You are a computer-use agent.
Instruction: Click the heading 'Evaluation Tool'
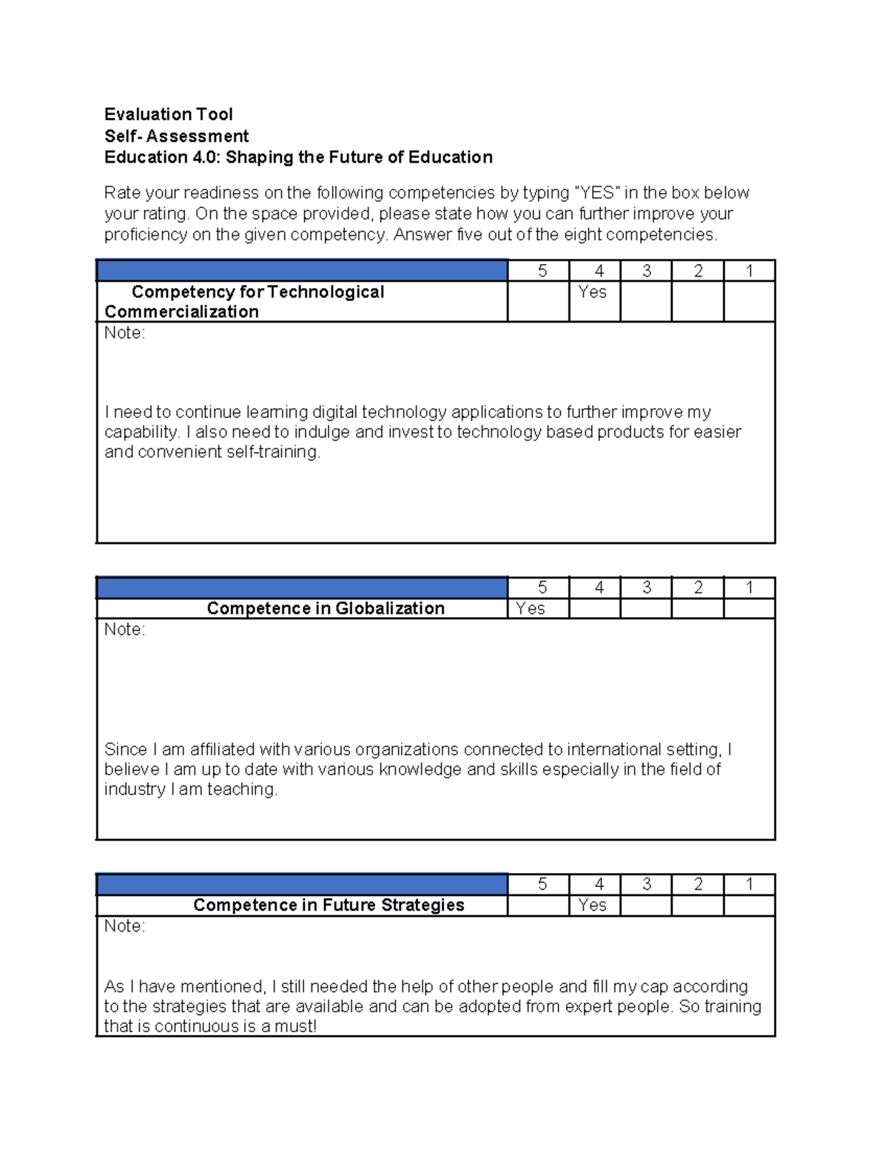(x=168, y=114)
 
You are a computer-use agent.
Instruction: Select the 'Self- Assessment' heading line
(x=176, y=136)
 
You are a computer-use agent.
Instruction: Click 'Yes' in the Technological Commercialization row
(x=592, y=292)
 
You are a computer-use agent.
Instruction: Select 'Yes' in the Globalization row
(x=530, y=608)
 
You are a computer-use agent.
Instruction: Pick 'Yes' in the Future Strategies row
(x=592, y=905)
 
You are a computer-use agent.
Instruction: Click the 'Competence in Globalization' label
(x=326, y=608)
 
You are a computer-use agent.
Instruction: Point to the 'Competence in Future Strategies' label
(x=329, y=905)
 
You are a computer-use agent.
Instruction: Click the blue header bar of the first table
(x=302, y=271)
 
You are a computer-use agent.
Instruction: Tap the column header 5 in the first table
(x=542, y=271)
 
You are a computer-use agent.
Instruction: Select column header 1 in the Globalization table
(x=749, y=587)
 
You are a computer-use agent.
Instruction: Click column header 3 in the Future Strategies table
(x=647, y=884)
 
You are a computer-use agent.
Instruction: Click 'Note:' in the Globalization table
(x=124, y=630)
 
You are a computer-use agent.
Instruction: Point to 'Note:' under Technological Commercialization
(x=124, y=333)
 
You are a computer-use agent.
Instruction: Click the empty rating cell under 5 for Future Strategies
(x=538, y=905)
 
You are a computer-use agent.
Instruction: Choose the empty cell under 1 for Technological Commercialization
(x=749, y=301)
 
